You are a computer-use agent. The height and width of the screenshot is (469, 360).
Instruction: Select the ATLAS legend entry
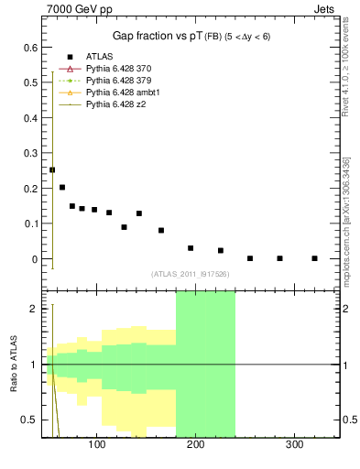(98, 56)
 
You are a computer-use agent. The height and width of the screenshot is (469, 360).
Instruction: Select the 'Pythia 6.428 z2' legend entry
(116, 104)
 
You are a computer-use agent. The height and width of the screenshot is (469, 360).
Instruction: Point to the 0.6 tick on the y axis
(31, 47)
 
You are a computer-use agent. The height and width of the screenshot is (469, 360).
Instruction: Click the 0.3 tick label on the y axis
(31, 153)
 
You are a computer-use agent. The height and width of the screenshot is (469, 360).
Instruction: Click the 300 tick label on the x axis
(295, 444)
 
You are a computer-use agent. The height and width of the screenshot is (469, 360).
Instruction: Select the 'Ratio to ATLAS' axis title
(14, 365)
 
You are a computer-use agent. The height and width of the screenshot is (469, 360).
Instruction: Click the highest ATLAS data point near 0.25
(52, 169)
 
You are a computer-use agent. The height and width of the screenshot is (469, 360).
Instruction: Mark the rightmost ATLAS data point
(314, 258)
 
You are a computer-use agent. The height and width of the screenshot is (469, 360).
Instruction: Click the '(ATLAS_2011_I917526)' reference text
(190, 274)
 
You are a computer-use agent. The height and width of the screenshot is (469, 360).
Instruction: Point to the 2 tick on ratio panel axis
(34, 309)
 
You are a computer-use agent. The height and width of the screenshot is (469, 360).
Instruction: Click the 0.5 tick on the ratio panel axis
(31, 420)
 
